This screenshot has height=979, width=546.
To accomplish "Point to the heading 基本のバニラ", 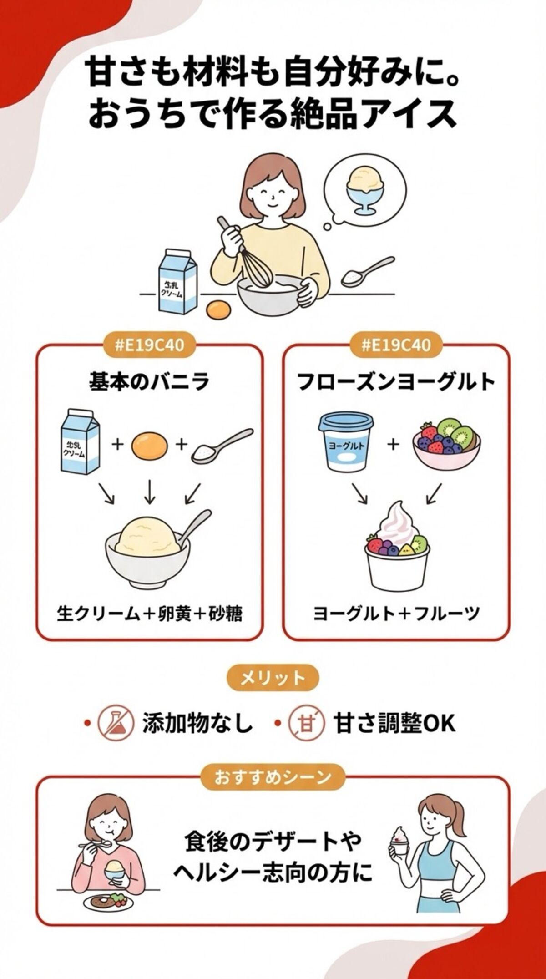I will coord(149,381).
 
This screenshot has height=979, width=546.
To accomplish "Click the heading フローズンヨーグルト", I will coord(396,381).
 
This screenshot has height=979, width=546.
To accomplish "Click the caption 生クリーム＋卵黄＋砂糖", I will coord(149,614).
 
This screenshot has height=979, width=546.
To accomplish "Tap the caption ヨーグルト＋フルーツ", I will coord(396,614).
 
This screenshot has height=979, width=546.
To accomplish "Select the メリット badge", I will coord(273,679).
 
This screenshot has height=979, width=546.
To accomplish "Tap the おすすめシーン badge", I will coord(273,776).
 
